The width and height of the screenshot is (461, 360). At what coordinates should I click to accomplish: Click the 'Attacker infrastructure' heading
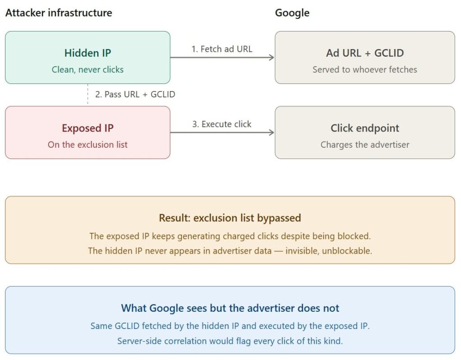coord(59,13)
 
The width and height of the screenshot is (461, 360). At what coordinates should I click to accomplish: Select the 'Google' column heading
coord(292,13)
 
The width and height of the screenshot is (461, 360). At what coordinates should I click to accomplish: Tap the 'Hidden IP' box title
coord(87,53)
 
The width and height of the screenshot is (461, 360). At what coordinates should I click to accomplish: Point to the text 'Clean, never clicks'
coord(87,69)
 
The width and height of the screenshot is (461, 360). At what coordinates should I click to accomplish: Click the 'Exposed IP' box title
coord(87,128)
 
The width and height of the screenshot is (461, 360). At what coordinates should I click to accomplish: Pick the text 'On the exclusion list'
coord(87,145)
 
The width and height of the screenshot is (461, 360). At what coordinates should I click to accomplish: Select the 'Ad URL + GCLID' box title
coord(365,53)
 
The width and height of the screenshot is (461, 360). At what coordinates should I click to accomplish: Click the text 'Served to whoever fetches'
coord(365,69)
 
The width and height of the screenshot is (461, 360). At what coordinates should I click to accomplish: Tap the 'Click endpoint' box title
coord(365,128)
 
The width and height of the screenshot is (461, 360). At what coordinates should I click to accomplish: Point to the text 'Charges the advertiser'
coord(365,145)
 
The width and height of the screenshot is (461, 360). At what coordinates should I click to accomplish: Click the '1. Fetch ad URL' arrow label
coord(222,49)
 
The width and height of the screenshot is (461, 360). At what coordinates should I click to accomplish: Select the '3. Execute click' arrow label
coord(222,124)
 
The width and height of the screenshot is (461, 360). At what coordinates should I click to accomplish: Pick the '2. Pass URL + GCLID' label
coord(135,95)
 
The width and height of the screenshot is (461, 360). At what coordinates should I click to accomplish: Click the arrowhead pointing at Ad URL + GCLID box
coord(271,57)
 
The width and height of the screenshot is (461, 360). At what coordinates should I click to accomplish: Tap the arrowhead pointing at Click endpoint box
coord(271,132)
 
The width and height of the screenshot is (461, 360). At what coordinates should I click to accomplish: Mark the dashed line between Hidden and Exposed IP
coord(87,95)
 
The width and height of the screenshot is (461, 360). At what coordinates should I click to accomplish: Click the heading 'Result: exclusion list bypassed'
coord(230,218)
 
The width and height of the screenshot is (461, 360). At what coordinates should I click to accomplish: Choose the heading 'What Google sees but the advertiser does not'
coord(230,308)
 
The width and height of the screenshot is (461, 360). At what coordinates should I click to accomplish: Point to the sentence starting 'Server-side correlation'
coord(230,341)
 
